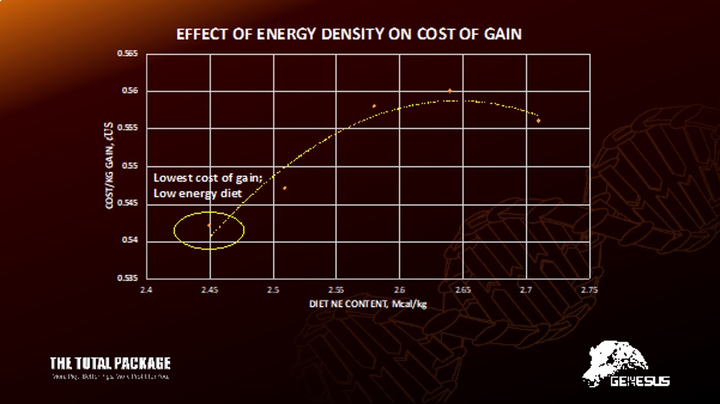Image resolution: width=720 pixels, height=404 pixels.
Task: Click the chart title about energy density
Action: pyautogui.click(x=349, y=34)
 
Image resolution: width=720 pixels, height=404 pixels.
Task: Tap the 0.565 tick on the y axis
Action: pyautogui.click(x=127, y=54)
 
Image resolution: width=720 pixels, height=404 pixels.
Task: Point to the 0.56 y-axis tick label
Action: pyautogui.click(x=129, y=92)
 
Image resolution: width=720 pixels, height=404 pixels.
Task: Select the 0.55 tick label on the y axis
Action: pyautogui.click(x=129, y=166)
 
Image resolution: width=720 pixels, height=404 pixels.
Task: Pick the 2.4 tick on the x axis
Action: pyautogui.click(x=146, y=290)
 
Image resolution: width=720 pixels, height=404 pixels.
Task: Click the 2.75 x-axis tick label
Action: pyautogui.click(x=589, y=290)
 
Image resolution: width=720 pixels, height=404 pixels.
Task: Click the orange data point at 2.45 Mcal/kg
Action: pyautogui.click(x=209, y=225)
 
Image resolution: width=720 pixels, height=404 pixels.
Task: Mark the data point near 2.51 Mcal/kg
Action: pyautogui.click(x=285, y=188)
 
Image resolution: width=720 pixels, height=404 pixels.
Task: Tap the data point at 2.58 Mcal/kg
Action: pyautogui.click(x=374, y=106)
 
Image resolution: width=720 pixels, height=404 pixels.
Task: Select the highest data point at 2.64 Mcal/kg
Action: pyautogui.click(x=449, y=91)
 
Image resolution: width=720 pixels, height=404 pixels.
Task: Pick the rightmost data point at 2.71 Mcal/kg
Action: pyautogui.click(x=539, y=121)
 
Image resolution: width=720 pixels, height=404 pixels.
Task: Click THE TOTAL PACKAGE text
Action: pyautogui.click(x=110, y=363)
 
